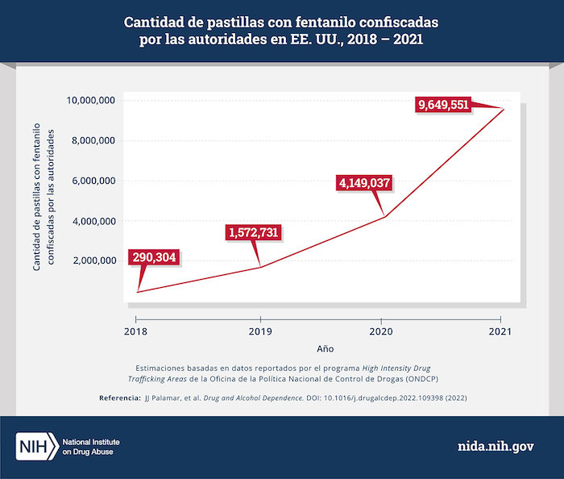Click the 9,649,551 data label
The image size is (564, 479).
coord(443,103)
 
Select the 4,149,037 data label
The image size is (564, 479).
coord(363,182)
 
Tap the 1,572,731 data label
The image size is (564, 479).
coord(252,233)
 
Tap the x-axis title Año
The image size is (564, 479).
coord(325,349)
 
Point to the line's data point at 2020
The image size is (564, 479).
coord(385,217)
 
